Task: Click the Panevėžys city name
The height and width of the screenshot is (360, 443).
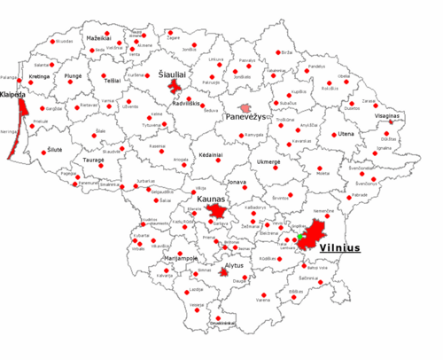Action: click(246, 117)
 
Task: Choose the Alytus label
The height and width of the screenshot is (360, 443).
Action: click(233, 264)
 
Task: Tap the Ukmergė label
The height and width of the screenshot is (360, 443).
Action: click(268, 162)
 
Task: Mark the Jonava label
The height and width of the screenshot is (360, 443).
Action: click(237, 181)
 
